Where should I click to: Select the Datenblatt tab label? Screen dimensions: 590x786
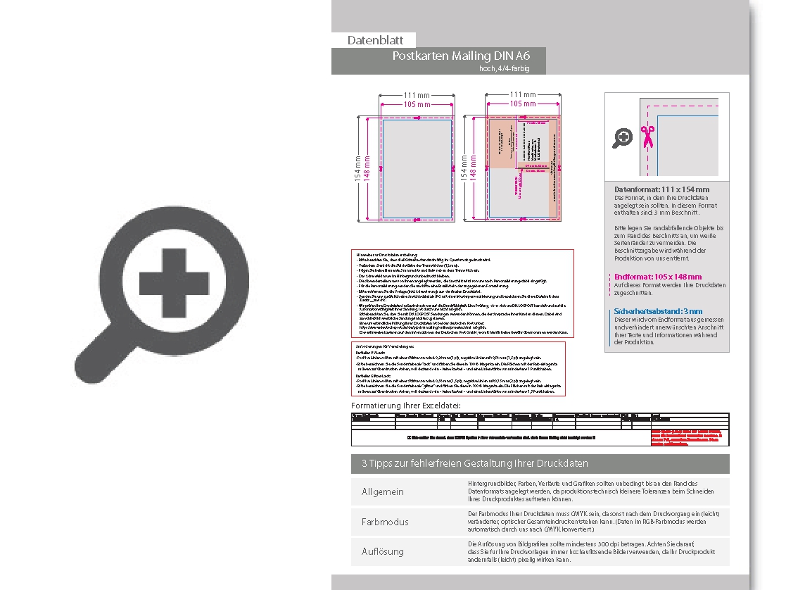click(x=374, y=40)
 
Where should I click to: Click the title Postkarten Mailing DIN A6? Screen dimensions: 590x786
click(x=461, y=56)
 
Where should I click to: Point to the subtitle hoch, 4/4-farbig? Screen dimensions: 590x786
click(x=503, y=68)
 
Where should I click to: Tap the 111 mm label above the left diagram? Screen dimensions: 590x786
click(x=416, y=95)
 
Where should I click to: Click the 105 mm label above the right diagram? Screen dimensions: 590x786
click(x=522, y=104)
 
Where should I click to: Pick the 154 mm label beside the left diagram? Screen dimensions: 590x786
click(x=357, y=169)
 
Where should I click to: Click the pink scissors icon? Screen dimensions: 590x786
click(x=647, y=136)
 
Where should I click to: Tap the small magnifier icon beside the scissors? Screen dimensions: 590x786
click(x=622, y=138)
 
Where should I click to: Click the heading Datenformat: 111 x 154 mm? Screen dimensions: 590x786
click(x=661, y=189)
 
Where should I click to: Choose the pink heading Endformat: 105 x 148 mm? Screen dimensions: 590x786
click(x=657, y=277)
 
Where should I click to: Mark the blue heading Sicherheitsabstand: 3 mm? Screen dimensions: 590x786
click(x=658, y=310)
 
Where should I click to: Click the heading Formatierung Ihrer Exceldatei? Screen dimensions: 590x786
click(x=406, y=406)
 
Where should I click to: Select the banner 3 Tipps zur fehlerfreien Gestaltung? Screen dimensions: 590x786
click(x=474, y=463)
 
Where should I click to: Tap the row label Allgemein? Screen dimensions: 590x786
click(x=383, y=491)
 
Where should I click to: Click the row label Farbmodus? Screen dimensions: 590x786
click(x=384, y=522)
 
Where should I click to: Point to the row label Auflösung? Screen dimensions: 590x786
click(x=383, y=551)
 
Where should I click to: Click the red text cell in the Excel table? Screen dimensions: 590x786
click(x=689, y=437)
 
